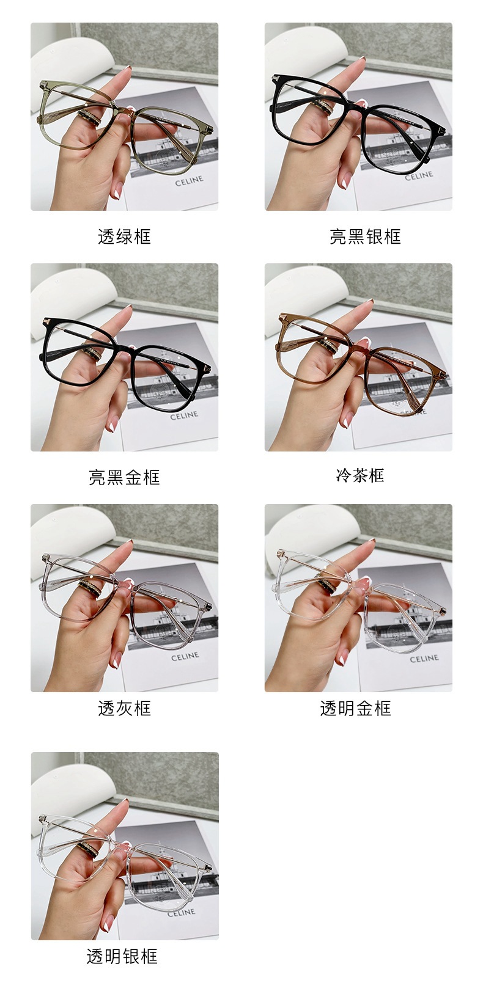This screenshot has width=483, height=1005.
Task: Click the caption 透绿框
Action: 124,236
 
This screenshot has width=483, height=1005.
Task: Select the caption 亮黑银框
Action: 365,236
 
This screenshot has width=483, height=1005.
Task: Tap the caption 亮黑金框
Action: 124,477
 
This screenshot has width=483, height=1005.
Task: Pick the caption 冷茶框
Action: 360,475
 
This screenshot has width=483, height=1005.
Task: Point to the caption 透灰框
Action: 124,708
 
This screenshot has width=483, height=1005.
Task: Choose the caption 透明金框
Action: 355,708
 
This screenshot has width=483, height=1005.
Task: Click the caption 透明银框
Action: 122,956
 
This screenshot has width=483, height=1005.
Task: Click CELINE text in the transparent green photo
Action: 189,182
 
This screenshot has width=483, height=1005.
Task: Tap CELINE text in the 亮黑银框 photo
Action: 419,175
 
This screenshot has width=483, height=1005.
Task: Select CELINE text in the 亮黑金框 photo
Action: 184,415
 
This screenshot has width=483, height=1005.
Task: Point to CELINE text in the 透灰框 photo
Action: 185,656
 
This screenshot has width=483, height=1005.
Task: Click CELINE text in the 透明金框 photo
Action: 424,659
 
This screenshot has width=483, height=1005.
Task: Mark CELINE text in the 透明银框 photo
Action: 181,912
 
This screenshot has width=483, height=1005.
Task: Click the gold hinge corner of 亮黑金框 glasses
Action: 46,321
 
